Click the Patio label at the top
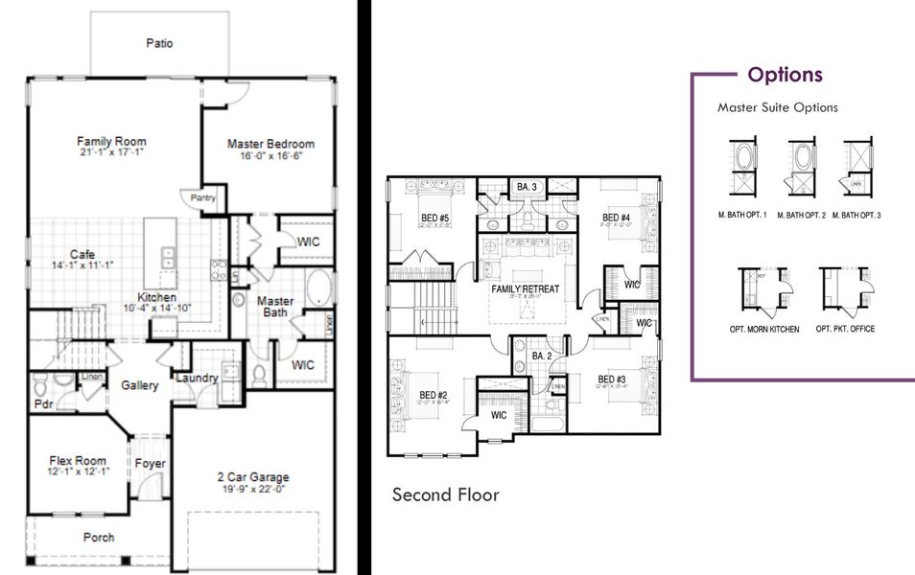pyautogui.click(x=160, y=42)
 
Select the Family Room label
pyautogui.click(x=111, y=142)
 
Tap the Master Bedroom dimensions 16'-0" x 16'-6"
pyautogui.click(x=270, y=156)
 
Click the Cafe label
pyautogui.click(x=81, y=254)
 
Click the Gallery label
pyautogui.click(x=139, y=385)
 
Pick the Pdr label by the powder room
pyautogui.click(x=42, y=404)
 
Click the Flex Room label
pyautogui.click(x=77, y=460)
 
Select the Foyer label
pyautogui.click(x=150, y=464)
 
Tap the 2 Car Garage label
pyautogui.click(x=253, y=476)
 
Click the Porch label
pyautogui.click(x=98, y=538)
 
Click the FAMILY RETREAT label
pyautogui.click(x=525, y=288)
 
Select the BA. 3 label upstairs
pyautogui.click(x=526, y=186)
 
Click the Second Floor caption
pyautogui.click(x=445, y=494)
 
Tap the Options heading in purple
pyautogui.click(x=785, y=75)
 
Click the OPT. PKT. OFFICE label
pyautogui.click(x=845, y=329)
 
